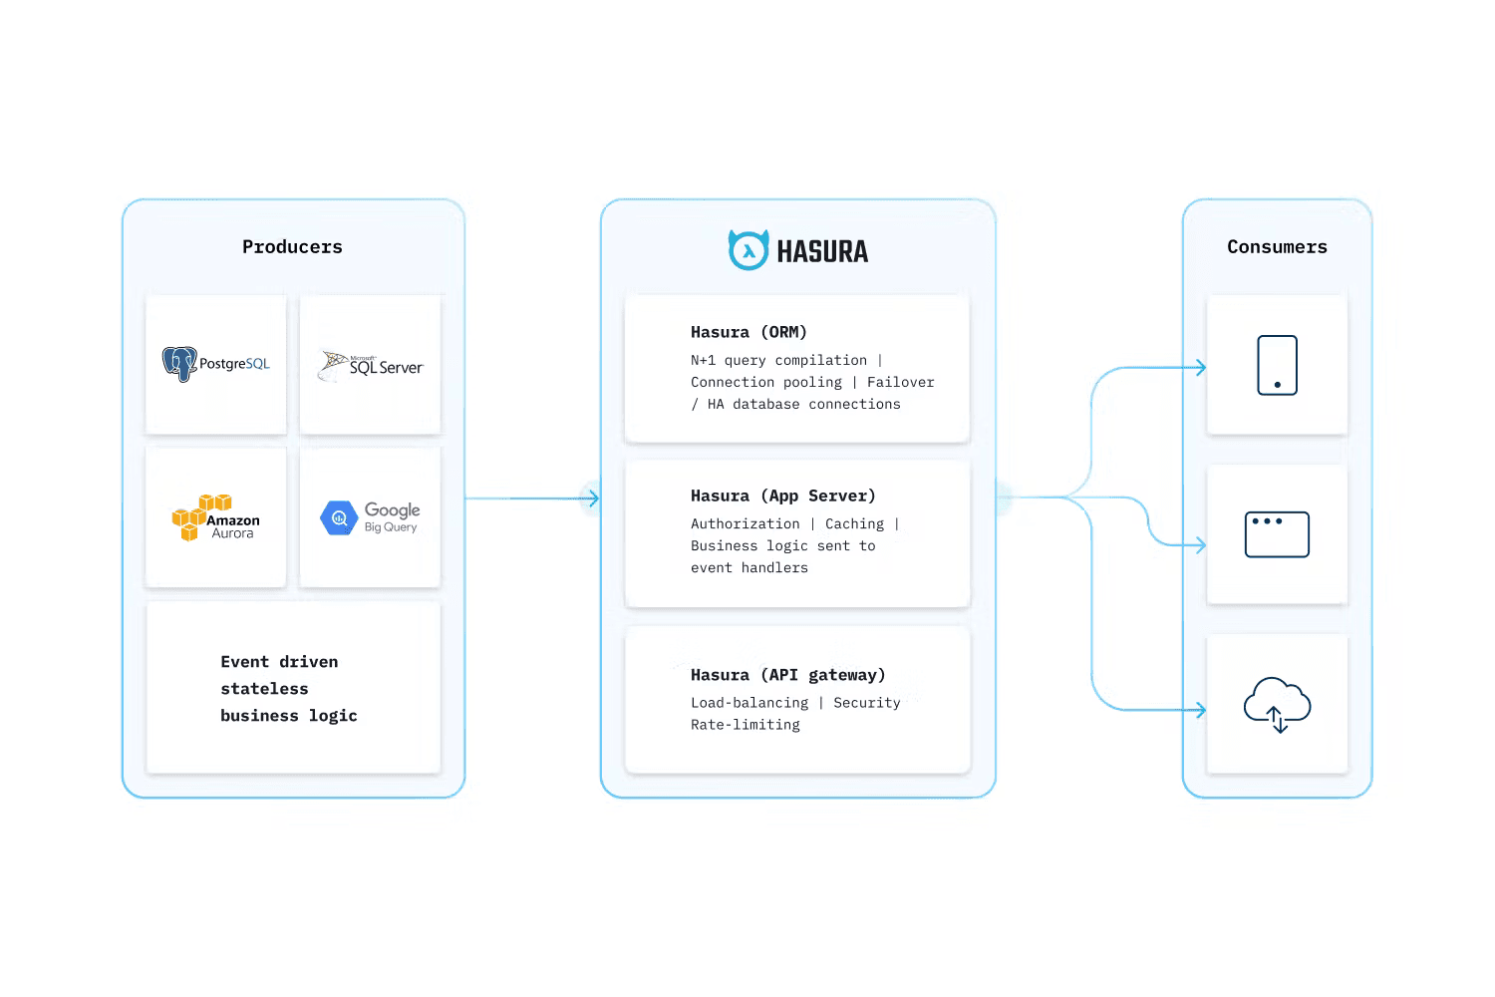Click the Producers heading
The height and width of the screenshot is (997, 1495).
click(292, 247)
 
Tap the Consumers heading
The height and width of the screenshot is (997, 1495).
click(1277, 247)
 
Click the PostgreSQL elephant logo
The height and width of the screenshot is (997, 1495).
click(179, 364)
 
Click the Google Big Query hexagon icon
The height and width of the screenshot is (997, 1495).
click(339, 518)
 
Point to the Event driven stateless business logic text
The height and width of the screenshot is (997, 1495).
click(288, 689)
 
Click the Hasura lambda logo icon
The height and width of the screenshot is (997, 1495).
click(747, 250)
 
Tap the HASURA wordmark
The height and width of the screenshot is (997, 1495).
click(822, 252)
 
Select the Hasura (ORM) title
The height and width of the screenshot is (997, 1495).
click(748, 332)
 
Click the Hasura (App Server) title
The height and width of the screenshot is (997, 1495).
click(782, 496)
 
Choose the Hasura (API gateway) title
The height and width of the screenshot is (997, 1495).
click(787, 675)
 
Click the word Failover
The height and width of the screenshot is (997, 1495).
click(900, 382)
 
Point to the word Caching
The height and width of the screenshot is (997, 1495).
click(854, 523)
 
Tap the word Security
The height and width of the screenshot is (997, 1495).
click(866, 703)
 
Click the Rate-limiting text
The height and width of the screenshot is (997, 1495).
click(745, 725)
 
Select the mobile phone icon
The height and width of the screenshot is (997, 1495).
click(1277, 366)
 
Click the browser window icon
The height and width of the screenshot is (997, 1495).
click(1277, 535)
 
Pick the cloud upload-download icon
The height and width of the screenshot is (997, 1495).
click(1277, 704)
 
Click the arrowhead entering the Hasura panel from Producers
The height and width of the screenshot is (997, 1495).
click(594, 498)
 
